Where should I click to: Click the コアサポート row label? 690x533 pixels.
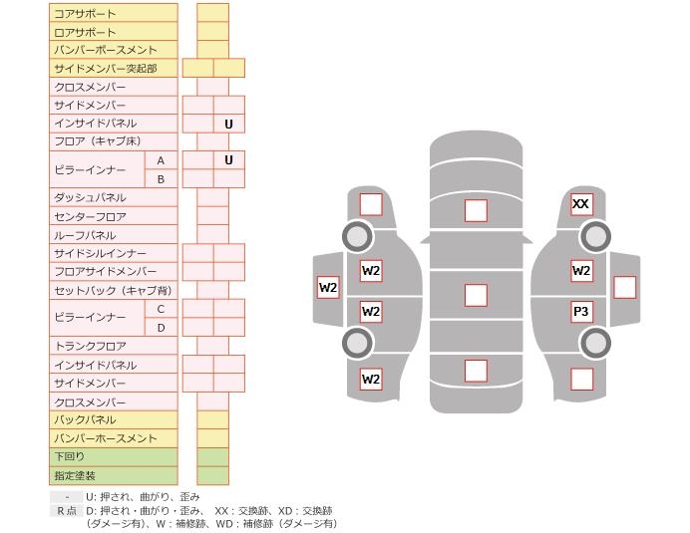(85, 14)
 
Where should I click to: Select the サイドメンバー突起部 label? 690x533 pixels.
(105, 68)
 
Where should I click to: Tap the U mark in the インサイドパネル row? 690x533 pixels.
(228, 124)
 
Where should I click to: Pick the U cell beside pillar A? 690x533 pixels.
(228, 160)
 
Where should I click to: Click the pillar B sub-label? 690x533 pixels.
(161, 179)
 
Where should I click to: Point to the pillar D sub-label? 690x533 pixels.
(161, 328)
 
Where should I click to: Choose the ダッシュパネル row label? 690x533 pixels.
(90, 197)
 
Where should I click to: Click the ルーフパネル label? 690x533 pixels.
(85, 235)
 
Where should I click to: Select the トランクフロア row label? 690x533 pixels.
(90, 346)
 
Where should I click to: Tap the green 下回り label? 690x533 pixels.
(69, 456)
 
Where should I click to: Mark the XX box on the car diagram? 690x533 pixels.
(581, 204)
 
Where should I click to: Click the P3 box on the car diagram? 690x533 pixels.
(581, 312)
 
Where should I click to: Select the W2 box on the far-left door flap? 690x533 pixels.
(328, 287)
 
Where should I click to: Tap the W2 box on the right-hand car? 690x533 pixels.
(581, 270)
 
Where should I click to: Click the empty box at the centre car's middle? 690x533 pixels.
(476, 295)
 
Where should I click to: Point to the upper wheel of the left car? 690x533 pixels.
(357, 236)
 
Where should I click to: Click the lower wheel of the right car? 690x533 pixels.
(595, 343)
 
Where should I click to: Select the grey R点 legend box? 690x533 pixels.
(67, 510)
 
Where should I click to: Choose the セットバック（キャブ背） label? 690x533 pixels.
(113, 290)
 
